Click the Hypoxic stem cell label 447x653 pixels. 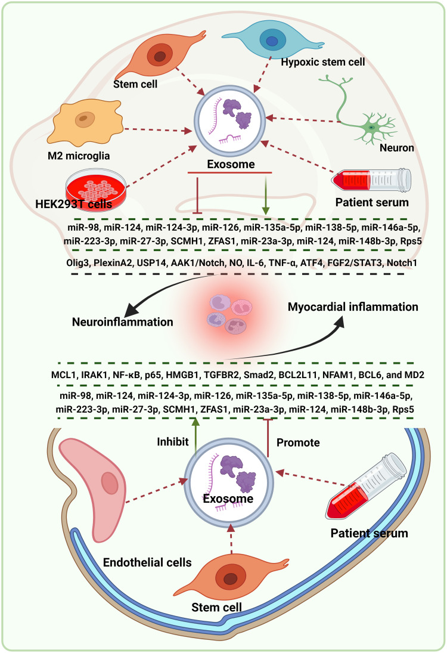coord(323,62)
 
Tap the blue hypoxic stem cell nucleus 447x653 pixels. coord(272,41)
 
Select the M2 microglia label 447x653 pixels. coord(79,156)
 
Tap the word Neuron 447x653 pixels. coord(397,147)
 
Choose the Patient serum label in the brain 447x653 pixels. coord(372,202)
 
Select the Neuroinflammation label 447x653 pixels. coord(122,322)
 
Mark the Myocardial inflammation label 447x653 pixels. coord(353,307)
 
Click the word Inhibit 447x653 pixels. coord(173,441)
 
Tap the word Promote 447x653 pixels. coord(298,442)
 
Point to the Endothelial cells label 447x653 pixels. coord(147,562)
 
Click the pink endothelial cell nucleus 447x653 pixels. coord(110,483)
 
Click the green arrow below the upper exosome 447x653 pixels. coord(265,195)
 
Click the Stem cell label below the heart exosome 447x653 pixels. coord(216,607)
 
